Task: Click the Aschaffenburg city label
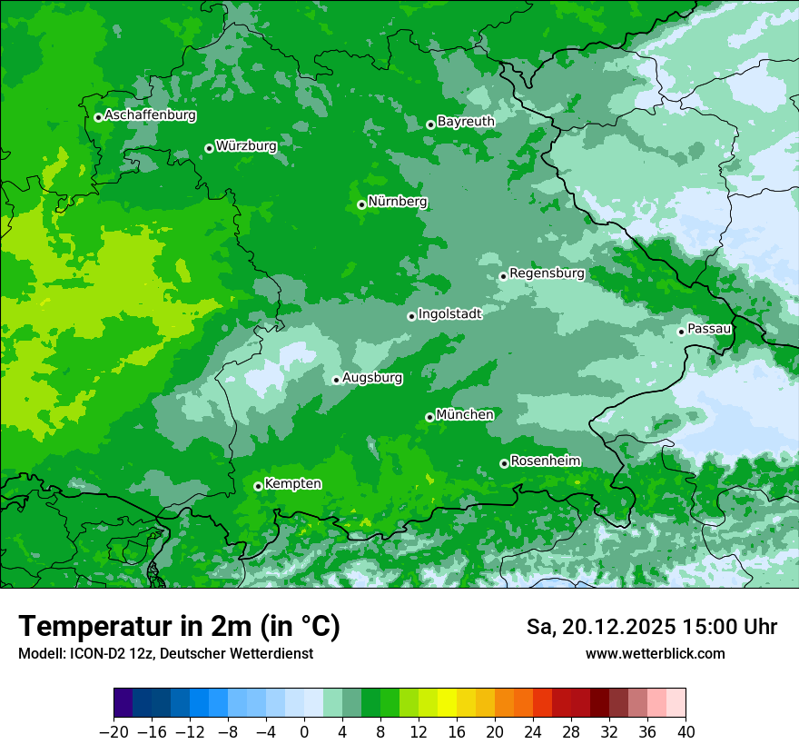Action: [150, 115]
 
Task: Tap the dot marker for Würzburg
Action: [209, 148]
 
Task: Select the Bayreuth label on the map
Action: [466, 121]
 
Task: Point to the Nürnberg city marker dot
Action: [361, 204]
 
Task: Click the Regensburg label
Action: [547, 273]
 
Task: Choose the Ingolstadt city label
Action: [449, 313]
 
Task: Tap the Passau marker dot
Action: [681, 332]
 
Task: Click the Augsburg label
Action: [372, 377]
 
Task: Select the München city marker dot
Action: [429, 417]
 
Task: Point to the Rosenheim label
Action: [545, 461]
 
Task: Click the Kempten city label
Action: [292, 483]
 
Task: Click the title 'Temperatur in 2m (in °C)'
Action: [179, 627]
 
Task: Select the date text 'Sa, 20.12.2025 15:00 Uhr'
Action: [651, 627]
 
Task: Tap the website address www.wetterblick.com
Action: [655, 653]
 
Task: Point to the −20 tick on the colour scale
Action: [113, 732]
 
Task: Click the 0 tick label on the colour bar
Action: [304, 732]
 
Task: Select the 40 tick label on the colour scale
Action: [686, 732]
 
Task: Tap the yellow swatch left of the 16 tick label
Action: [447, 703]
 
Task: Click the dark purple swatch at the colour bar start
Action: [123, 703]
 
